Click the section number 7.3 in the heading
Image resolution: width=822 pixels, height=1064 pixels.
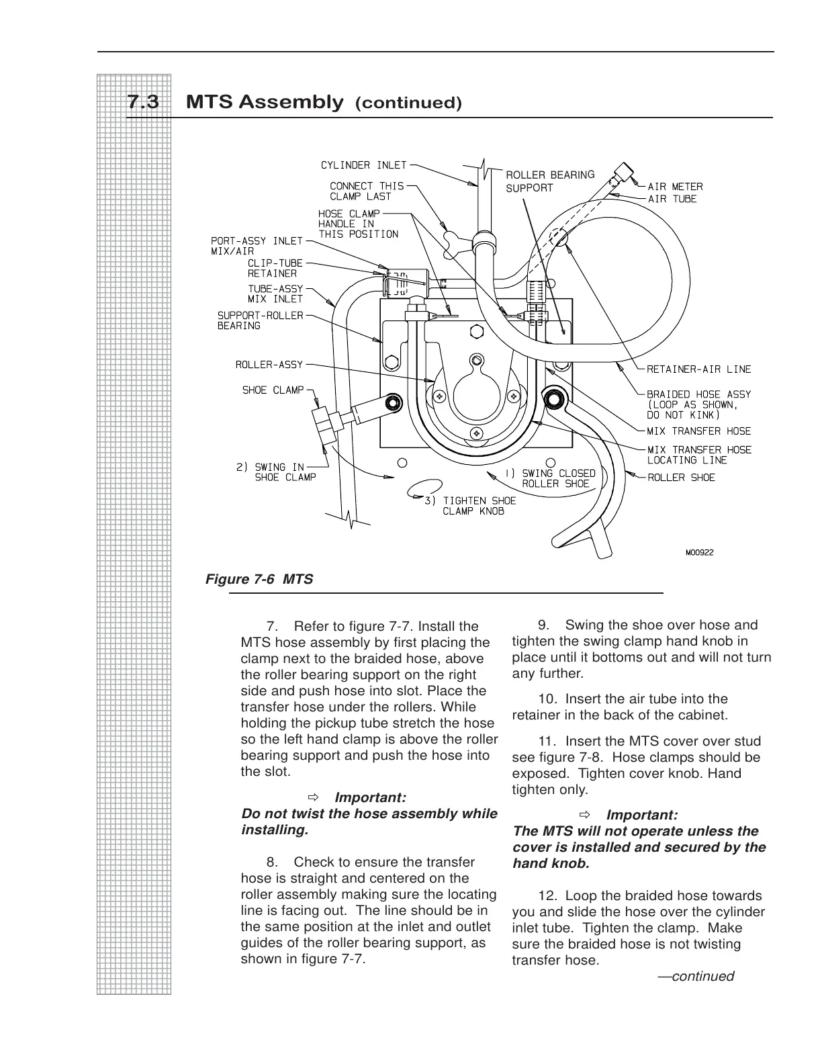point(143,103)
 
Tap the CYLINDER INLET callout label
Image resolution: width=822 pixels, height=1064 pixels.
point(363,165)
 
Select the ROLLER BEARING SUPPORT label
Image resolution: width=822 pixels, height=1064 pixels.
point(550,181)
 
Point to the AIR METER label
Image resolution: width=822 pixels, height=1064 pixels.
point(675,187)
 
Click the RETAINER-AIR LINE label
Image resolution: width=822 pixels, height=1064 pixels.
point(698,369)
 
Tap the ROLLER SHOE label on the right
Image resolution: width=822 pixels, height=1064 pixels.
point(681,478)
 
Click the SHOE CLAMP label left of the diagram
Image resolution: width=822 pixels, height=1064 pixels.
point(273,390)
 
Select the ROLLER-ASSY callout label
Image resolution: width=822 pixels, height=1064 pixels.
point(269,365)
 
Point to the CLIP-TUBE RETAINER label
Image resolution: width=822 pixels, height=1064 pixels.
point(275,269)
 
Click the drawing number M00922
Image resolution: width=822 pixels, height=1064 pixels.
point(699,553)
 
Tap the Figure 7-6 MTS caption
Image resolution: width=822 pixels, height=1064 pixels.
point(259,578)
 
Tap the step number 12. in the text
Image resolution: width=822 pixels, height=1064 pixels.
point(549,896)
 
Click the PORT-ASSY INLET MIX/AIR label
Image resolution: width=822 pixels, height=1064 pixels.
point(257,246)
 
